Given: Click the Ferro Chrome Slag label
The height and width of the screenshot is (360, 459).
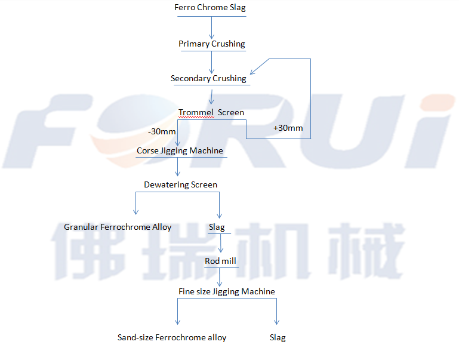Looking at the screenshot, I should tap(210, 8).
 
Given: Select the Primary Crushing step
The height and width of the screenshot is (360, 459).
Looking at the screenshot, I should tap(211, 44).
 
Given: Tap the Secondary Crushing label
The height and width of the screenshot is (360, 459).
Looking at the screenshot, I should tap(208, 78).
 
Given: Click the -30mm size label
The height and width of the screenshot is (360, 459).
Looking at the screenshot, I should tap(162, 131).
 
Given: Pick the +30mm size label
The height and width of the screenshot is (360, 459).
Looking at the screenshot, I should tap(288, 128).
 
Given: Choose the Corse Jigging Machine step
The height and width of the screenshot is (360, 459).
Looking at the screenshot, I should tap(180, 150).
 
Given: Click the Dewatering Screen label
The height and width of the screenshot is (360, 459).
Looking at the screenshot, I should tap(180, 184).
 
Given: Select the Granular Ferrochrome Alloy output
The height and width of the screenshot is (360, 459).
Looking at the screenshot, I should tap(118, 227).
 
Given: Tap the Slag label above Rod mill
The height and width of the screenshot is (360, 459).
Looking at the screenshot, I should tap(217, 227).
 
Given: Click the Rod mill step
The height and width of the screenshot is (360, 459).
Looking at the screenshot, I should tap(221, 261).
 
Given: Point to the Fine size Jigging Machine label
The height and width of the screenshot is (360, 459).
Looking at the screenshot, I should tap(227, 291).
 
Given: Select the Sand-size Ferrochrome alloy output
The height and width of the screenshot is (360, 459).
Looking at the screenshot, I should tap(172, 337).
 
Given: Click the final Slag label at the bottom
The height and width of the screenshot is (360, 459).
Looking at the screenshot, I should tap(278, 337).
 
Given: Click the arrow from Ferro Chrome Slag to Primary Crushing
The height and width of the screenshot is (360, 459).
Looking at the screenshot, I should tap(211, 27).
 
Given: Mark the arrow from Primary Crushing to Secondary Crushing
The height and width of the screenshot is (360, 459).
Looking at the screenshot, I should tap(211, 62).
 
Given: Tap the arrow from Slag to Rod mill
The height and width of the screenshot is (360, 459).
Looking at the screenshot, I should tap(221, 244).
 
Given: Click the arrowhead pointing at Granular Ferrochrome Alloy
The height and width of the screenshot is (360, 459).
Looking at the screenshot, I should tap(136, 211).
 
